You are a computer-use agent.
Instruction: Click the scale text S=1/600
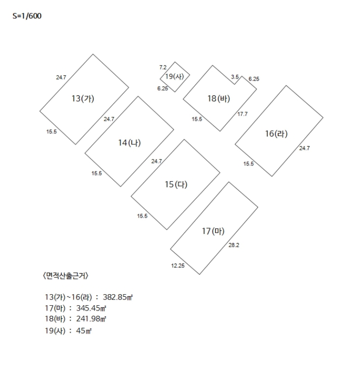pos(27,16)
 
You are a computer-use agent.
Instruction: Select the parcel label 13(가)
pos(83,98)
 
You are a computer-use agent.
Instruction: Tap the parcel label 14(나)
pos(129,142)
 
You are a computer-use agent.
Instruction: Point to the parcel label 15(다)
pos(176,184)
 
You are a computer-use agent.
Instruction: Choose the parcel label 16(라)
pos(276,134)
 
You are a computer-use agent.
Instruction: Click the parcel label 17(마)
pos(213,231)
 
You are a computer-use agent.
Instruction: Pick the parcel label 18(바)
pos(219,99)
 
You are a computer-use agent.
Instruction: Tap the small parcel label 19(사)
pos(174,77)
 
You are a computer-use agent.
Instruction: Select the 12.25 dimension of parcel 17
pos(178,266)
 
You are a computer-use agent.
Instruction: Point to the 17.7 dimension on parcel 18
pos(242,114)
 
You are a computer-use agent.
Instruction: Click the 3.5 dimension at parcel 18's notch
pos(235,77)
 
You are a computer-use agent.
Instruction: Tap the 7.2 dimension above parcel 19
pos(163,67)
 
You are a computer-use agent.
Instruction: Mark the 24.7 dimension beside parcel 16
pos(304,148)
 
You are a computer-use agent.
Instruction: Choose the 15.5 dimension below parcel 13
pos(52,131)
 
